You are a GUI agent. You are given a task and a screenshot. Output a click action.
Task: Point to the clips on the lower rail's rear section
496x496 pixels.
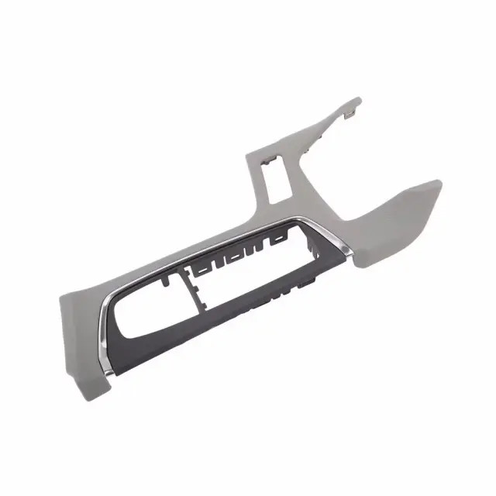click(x=279, y=295)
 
